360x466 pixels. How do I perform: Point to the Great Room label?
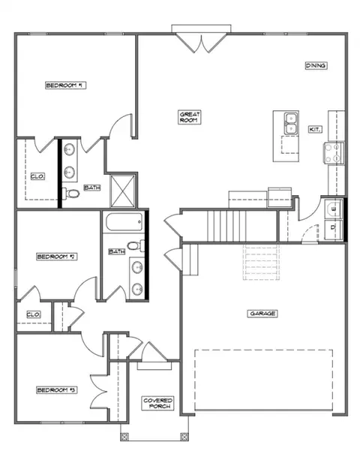(188, 117)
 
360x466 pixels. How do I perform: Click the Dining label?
(315, 66)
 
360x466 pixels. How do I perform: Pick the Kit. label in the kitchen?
(314, 129)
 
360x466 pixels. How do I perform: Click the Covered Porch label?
(157, 404)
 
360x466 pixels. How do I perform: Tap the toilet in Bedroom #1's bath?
(71, 193)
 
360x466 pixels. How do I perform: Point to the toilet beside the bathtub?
(133, 245)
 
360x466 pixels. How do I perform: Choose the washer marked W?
(332, 206)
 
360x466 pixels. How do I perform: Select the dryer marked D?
(332, 227)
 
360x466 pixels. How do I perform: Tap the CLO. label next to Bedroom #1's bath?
(37, 176)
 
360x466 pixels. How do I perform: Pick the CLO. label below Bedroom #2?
(32, 314)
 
